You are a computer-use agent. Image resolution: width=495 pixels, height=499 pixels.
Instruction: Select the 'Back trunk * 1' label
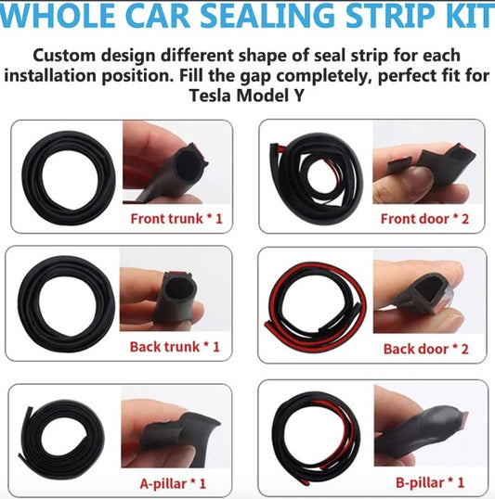[x=176, y=347]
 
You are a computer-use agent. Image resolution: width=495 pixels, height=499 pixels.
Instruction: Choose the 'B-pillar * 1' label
[x=429, y=483]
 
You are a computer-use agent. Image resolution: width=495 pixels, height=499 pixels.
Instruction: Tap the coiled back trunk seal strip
[x=64, y=302]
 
